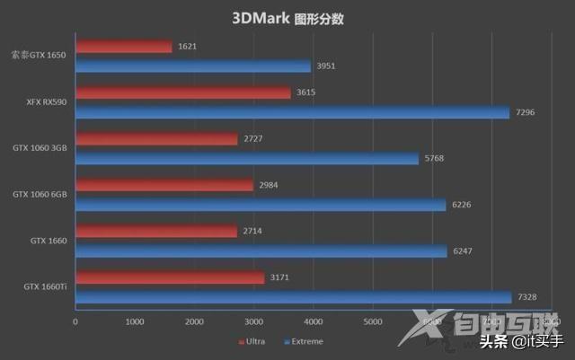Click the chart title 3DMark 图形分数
point(287,18)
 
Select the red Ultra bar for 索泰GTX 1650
point(124,46)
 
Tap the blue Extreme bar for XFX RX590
point(293,113)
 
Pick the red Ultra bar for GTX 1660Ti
point(170,277)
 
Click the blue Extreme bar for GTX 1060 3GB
point(247,159)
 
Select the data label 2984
point(270,185)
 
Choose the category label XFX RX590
point(47,101)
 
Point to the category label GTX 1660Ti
point(46,287)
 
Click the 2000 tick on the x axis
point(195,321)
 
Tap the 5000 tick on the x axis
point(373,321)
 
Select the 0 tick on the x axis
point(76,321)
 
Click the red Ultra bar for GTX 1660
point(156,232)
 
